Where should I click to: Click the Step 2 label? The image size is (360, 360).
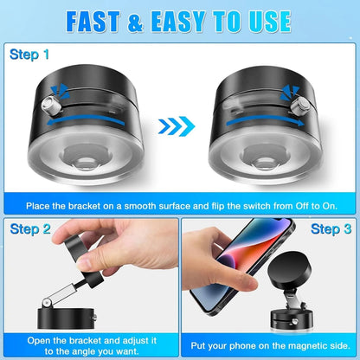tap(31, 229)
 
